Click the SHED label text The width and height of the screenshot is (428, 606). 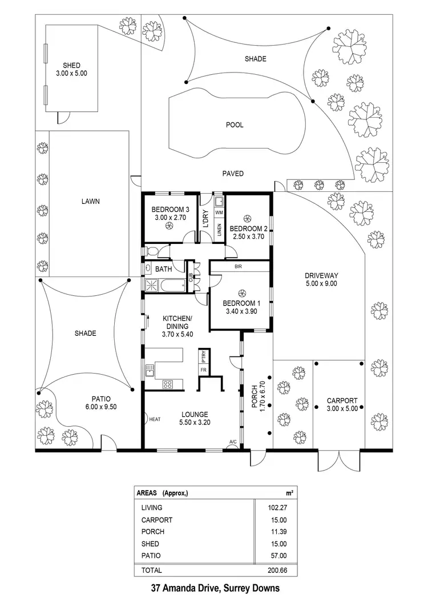(x=72, y=65)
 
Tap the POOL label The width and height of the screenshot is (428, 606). (x=235, y=125)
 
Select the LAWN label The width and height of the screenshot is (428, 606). (x=90, y=201)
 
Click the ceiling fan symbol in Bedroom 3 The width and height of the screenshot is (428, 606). (x=169, y=226)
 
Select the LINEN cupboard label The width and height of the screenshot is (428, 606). (x=219, y=230)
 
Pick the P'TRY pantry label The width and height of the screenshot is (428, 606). (x=203, y=356)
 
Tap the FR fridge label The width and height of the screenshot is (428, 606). (x=203, y=370)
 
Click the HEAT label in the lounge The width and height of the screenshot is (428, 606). (x=155, y=419)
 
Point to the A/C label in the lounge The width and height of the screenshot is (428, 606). (x=233, y=442)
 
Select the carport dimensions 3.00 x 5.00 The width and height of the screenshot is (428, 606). (x=341, y=408)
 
